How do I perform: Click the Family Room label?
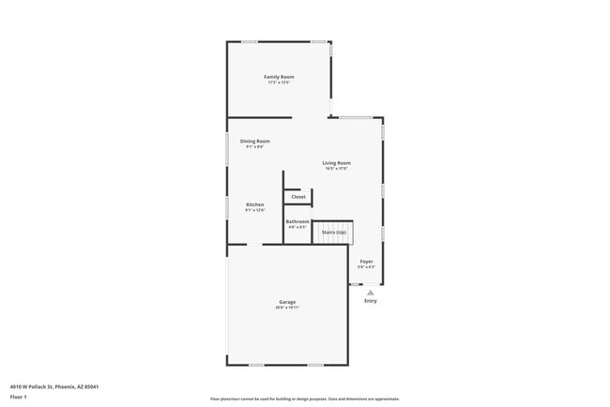(279, 77)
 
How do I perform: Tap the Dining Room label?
(255, 141)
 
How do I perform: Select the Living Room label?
(336, 163)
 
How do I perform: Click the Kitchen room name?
(255, 204)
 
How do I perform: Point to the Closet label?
(298, 197)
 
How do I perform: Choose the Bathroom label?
(297, 221)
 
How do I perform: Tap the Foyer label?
(367, 262)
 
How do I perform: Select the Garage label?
(286, 302)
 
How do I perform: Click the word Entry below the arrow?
(371, 301)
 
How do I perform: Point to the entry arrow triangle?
(371, 292)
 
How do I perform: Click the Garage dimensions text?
(286, 308)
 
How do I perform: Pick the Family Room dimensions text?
(279, 83)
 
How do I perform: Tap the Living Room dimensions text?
(336, 169)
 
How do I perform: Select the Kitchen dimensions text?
(255, 210)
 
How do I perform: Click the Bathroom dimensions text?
(297, 227)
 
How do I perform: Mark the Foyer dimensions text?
(367, 267)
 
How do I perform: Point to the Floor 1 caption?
(19, 397)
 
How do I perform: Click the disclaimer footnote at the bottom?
(304, 399)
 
